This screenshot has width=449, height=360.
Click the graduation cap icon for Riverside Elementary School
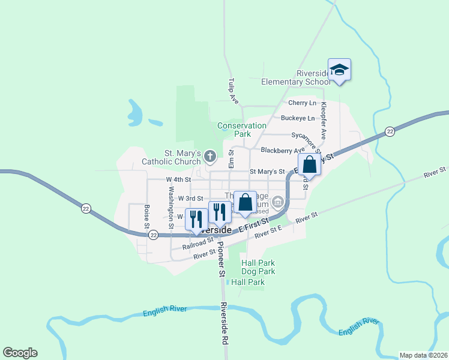click(339, 69)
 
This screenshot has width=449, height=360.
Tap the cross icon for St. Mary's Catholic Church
click(209, 157)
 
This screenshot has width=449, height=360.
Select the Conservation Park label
click(242, 130)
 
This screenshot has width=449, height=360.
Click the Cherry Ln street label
click(302, 103)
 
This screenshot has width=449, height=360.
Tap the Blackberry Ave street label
click(283, 150)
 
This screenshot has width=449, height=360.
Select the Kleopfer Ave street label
click(323, 120)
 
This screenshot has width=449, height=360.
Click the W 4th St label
click(178, 179)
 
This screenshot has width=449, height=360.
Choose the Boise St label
click(146, 217)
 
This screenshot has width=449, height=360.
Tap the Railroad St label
click(199, 243)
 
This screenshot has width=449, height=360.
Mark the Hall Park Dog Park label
click(258, 267)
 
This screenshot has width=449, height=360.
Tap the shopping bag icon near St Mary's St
click(309, 164)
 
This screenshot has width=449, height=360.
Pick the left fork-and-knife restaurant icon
click(196, 219)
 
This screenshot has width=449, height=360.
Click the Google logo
click(20, 353)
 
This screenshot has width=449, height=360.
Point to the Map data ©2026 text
click(423, 355)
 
